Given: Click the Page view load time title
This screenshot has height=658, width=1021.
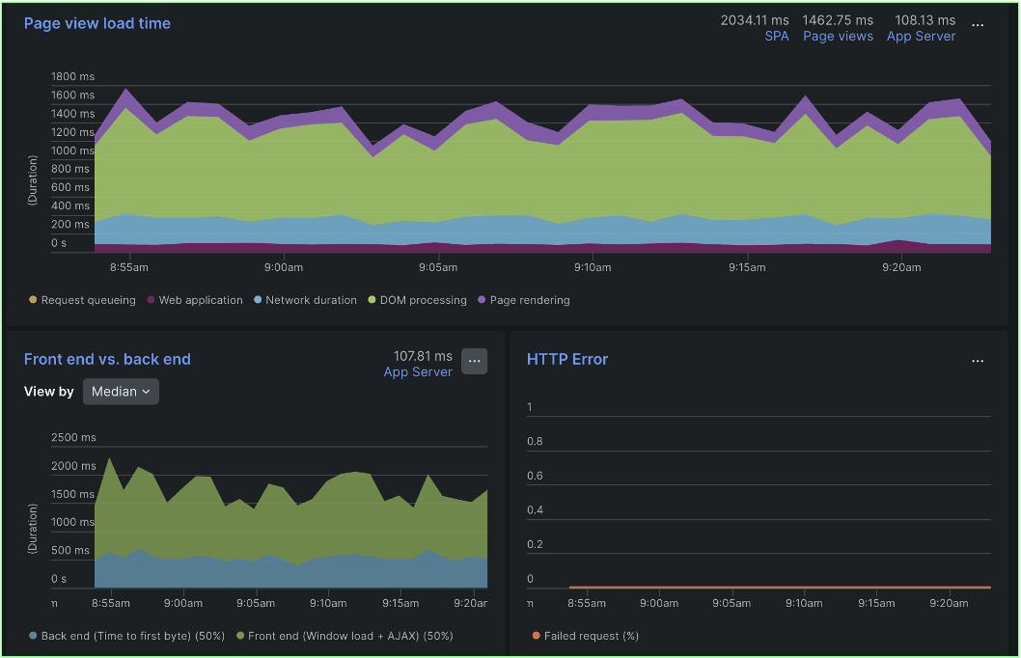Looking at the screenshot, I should point(97,23).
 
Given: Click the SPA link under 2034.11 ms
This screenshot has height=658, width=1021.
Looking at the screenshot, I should point(776,37).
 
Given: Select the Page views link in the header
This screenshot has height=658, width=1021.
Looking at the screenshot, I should point(838,37).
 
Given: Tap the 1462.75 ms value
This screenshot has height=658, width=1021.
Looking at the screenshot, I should point(838,20).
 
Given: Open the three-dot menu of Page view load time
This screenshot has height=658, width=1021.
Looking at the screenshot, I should point(978,25).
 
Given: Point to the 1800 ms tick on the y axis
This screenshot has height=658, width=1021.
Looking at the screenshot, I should point(72,76).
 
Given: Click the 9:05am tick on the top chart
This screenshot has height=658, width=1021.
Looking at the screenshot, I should point(437,267).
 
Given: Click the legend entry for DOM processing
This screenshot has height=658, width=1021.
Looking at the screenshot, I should point(417,300).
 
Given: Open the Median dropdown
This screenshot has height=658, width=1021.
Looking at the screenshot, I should point(121,392).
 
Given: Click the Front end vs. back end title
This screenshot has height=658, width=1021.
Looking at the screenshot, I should point(107,359).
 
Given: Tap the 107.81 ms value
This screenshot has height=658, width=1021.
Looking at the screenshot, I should point(423,356).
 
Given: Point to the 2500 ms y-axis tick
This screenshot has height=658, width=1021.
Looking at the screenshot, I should point(73,438).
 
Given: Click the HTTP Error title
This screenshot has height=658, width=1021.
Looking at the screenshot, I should point(567,359).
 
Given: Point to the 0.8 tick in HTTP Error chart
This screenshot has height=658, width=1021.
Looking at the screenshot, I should point(535,442).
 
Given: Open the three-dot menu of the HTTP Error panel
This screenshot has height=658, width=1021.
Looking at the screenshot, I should point(978,361).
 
